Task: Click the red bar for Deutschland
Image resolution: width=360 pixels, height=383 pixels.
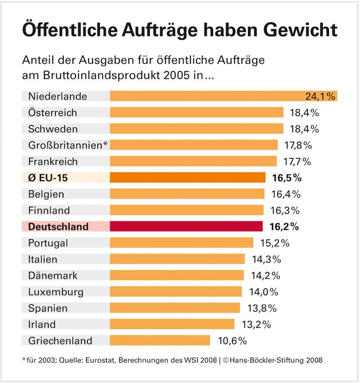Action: click(186, 226)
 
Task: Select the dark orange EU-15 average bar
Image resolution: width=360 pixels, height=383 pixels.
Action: click(187, 178)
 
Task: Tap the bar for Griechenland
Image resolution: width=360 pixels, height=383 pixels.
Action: click(160, 340)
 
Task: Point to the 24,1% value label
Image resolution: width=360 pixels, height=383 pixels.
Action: click(321, 97)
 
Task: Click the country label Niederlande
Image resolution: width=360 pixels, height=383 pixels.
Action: click(58, 97)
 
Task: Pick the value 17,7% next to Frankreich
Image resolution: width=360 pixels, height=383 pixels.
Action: click(296, 162)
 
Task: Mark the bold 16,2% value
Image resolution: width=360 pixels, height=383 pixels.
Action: click(285, 227)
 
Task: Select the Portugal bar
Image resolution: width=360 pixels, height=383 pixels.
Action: click(181, 243)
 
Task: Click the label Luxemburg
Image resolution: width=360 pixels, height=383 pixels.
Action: click(56, 292)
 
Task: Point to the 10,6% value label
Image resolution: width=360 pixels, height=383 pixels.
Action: click(232, 341)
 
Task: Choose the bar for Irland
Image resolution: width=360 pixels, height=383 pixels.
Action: click(172, 324)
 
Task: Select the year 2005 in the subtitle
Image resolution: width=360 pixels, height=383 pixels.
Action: click(174, 75)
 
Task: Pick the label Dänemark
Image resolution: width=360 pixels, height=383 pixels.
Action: click(53, 275)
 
